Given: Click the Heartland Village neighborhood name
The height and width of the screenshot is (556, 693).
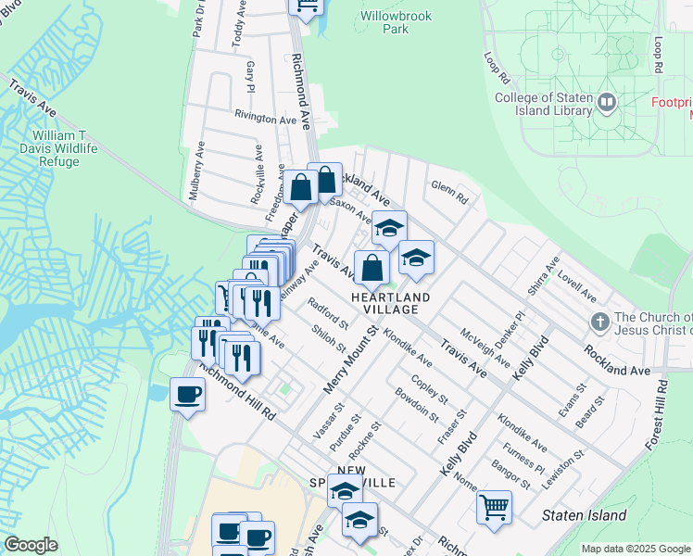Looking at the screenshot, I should coord(390,303).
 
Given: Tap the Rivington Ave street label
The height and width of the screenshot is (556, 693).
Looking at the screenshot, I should coord(265,119).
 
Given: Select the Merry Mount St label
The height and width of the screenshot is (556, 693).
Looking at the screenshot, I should coord(349,359).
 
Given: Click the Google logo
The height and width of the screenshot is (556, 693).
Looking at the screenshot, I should coord(31,545).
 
